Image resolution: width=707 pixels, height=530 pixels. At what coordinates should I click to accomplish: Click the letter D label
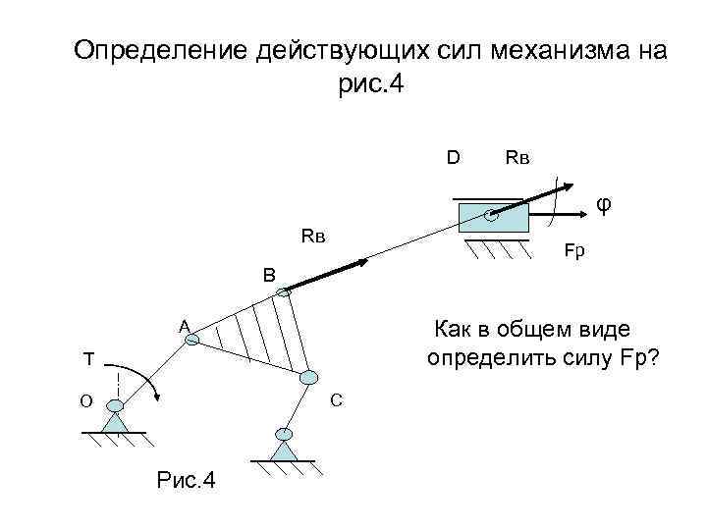click(x=454, y=156)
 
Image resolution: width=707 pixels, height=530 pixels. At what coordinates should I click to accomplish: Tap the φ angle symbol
click(x=606, y=204)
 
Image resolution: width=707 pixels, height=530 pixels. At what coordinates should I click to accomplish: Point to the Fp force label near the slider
click(x=573, y=251)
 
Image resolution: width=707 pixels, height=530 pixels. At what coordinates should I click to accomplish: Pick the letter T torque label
click(x=88, y=359)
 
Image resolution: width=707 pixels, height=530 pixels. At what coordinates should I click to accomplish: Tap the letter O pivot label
click(x=86, y=400)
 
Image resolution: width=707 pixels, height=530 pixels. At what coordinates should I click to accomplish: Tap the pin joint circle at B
click(x=284, y=291)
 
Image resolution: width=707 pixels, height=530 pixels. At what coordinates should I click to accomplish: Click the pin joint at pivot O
click(x=115, y=404)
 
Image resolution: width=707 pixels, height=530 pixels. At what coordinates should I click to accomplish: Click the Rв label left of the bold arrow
click(x=312, y=237)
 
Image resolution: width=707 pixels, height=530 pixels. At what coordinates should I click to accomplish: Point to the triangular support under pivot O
click(x=116, y=422)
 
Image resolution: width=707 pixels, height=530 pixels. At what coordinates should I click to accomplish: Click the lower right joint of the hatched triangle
click(x=309, y=377)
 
